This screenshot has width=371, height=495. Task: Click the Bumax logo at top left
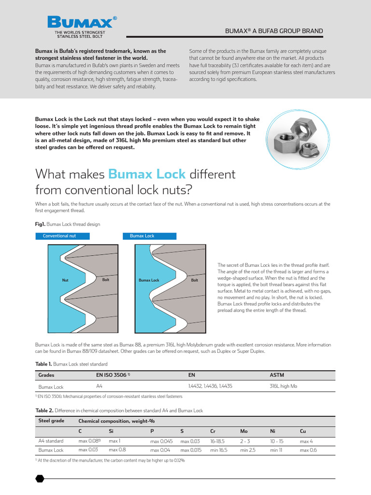82,27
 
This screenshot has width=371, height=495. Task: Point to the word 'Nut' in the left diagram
66,280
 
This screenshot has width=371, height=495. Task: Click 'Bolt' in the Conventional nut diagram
106,279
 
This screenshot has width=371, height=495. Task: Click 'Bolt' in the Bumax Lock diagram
195,280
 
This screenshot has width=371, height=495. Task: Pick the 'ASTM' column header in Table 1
277,375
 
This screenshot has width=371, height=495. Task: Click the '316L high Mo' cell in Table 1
283,386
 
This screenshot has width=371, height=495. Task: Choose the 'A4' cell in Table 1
100,386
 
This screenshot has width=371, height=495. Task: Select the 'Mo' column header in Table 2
243,431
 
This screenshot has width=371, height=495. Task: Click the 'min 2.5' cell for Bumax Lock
248,450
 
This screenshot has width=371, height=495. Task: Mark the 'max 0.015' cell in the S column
190,450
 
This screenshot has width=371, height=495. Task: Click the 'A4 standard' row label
51,441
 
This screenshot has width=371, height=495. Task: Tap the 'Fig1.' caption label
40,224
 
